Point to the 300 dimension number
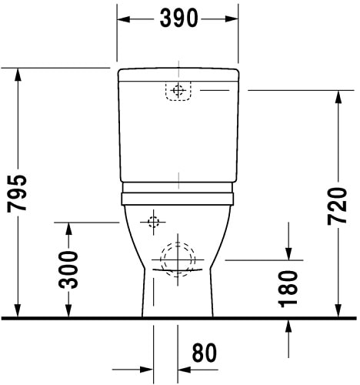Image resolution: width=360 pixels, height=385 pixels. [69, 269]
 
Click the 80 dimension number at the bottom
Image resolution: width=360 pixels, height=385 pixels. [203, 353]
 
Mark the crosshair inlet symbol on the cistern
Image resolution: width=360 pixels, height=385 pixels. [178, 91]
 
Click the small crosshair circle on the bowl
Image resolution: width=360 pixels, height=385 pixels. [152, 222]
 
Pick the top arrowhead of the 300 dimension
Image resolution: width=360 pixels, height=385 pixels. [69, 229]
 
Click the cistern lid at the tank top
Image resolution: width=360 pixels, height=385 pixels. [178, 74]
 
